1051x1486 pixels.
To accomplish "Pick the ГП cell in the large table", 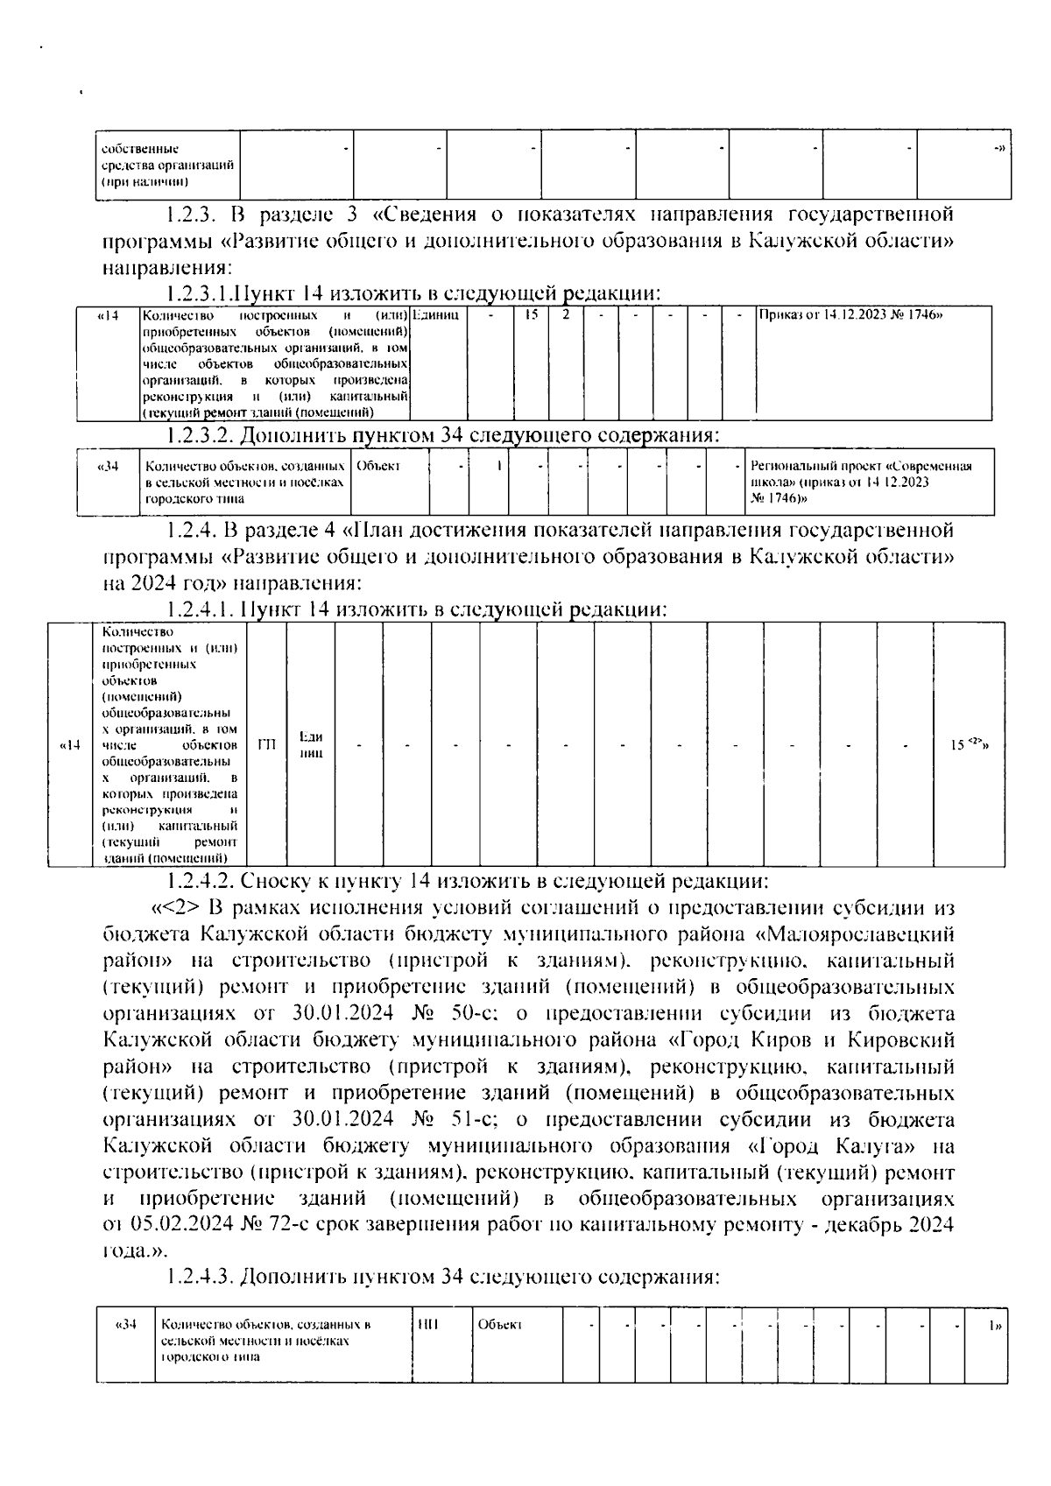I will (267, 745).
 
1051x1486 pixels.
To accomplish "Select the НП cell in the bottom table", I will (428, 1325).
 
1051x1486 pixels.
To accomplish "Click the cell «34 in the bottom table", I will (126, 1325).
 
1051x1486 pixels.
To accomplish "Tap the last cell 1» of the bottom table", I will (993, 1326).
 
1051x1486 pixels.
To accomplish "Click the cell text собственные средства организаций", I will (166, 165).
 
